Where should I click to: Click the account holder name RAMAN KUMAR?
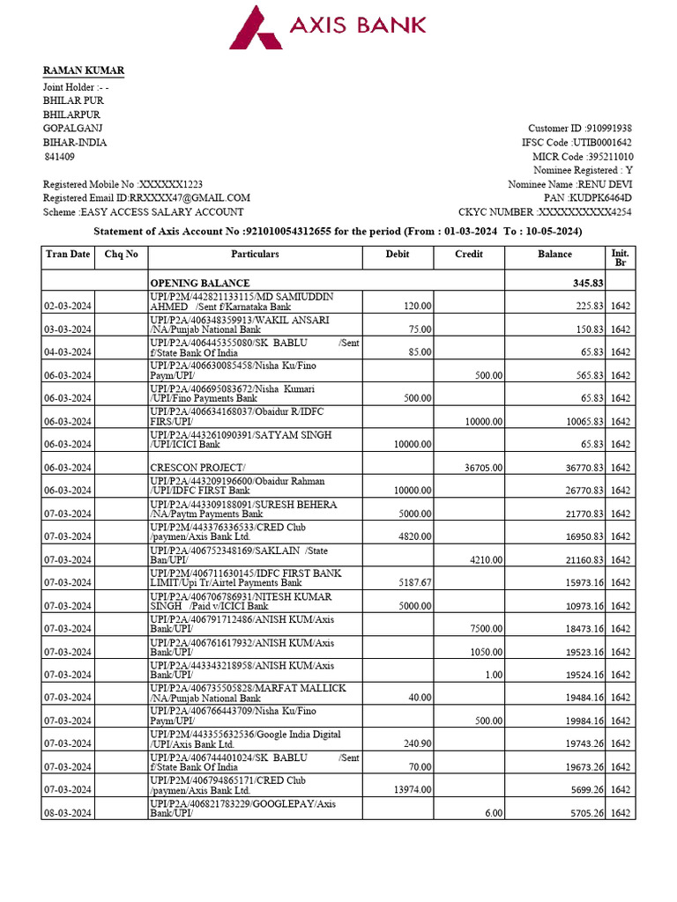84,70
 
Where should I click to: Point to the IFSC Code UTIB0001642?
602,142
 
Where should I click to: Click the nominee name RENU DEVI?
604,184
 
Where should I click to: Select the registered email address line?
146,198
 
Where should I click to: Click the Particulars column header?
255,255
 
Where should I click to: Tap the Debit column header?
398,255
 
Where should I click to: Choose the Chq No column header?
121,255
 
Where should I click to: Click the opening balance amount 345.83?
587,283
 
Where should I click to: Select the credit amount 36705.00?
484,467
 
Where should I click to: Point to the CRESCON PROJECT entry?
198,467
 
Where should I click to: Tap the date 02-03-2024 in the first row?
67,306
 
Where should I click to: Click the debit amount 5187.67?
413,582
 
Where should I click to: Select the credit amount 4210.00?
486,559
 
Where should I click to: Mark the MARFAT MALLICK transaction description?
248,692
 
